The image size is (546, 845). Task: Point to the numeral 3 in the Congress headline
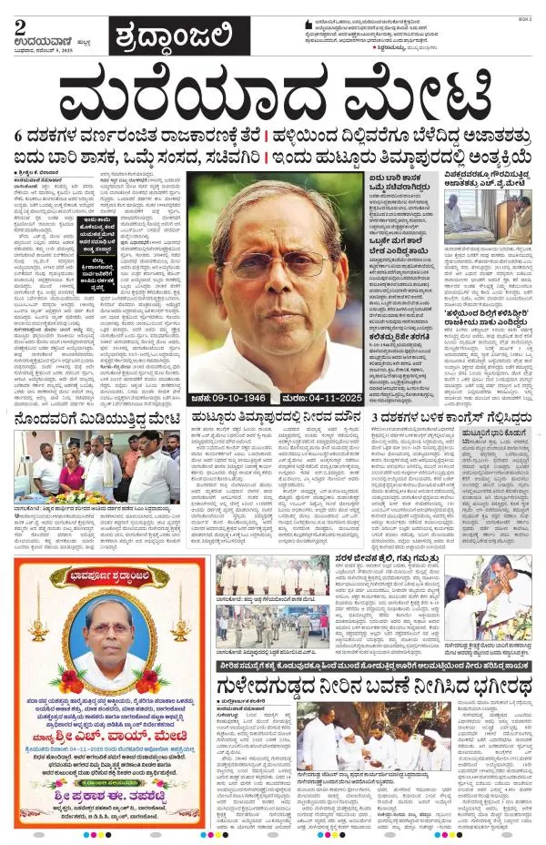(x=375, y=418)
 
